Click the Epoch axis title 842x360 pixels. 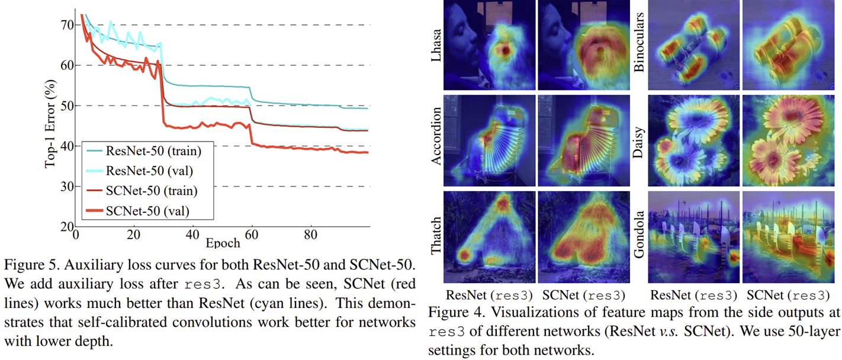click(x=223, y=243)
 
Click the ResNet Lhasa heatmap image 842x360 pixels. click(x=489, y=45)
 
